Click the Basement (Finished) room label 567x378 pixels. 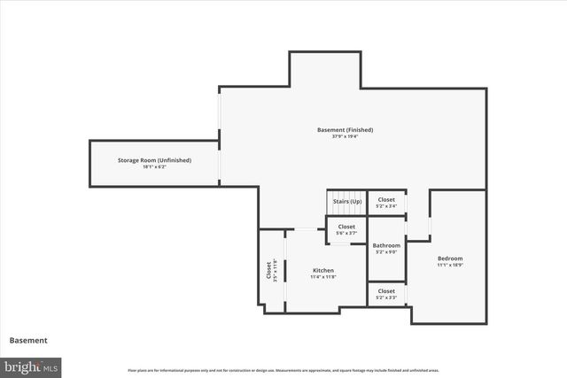345,130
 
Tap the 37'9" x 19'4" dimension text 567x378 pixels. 345,136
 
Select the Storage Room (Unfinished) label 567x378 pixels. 155,160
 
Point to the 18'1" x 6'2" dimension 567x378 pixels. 155,166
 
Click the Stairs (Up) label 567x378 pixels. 346,202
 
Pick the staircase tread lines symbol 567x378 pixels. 346,196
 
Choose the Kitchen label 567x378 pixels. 322,270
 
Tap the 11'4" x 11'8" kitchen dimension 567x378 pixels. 322,277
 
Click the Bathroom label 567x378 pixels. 386,245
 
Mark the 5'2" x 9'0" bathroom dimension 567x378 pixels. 386,251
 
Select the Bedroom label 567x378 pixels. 450,258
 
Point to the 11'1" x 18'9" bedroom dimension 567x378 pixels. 450,265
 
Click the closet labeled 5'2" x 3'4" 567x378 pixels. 386,203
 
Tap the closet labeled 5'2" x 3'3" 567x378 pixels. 386,294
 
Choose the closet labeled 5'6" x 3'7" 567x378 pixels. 346,229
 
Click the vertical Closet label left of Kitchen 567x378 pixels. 272,269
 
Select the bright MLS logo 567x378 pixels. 31,366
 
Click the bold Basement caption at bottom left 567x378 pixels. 28,340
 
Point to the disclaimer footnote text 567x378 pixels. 283,370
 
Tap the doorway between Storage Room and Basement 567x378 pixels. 220,162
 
